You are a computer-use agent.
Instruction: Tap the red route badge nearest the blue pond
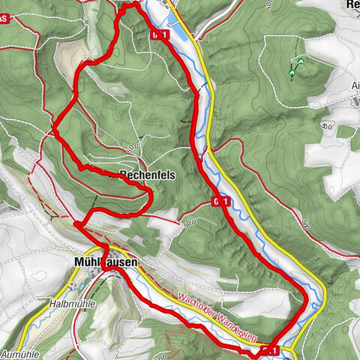(x=158, y=34)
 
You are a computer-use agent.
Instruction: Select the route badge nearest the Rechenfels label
(x=219, y=201)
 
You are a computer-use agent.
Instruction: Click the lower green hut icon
(x=292, y=73)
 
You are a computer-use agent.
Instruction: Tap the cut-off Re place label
(x=352, y=4)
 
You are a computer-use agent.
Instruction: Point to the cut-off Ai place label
(x=355, y=85)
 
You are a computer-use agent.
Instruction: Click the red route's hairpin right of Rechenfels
(x=151, y=196)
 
